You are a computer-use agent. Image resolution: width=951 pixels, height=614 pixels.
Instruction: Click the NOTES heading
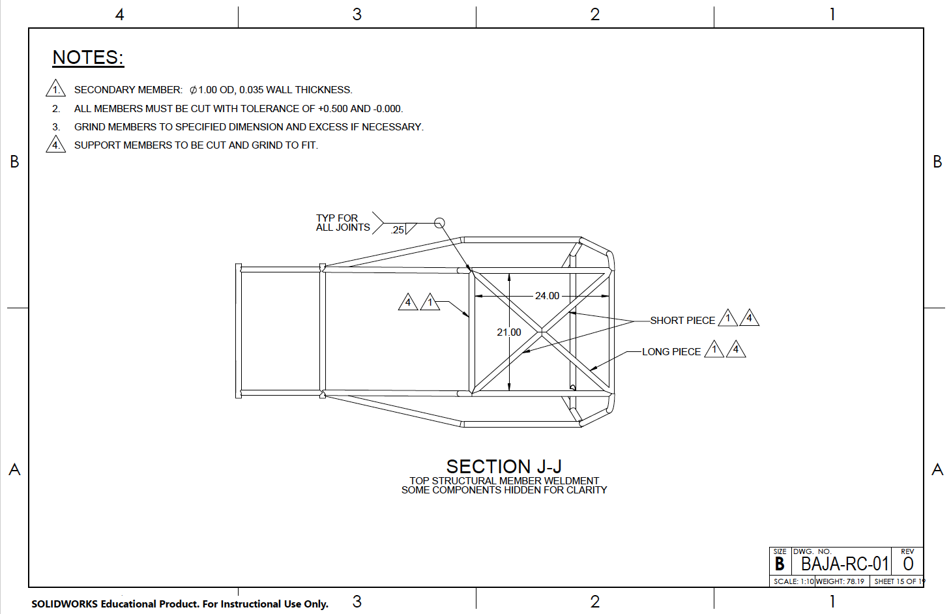pos(88,58)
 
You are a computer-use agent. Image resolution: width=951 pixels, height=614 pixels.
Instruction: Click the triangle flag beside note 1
pos(56,89)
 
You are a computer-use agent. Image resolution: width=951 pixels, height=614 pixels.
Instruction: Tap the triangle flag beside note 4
pos(56,144)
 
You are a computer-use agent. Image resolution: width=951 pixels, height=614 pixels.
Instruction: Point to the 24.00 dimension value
pos(547,296)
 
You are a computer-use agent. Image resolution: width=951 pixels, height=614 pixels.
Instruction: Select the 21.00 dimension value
pos(509,332)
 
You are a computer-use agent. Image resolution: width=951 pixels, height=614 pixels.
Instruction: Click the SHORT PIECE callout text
pos(682,321)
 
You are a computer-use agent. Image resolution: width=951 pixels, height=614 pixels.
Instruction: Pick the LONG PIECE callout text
pos(671,352)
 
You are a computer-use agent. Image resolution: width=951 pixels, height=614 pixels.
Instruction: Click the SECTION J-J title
pos(504,467)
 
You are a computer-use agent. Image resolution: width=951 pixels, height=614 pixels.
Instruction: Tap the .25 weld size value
pos(398,230)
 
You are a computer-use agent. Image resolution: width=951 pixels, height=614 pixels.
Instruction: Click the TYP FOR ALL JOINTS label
pos(342,223)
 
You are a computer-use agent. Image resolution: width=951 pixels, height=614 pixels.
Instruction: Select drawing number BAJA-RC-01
pos(844,564)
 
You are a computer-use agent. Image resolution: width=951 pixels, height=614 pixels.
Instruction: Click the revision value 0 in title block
pos(908,564)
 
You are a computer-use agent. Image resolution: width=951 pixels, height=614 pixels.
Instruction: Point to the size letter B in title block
pos(780,564)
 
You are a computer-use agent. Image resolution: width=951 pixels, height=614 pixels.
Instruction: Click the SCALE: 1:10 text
pos(793,581)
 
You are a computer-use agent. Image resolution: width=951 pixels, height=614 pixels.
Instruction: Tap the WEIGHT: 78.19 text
pos(840,581)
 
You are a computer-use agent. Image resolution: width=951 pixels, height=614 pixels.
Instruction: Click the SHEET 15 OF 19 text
pos(899,581)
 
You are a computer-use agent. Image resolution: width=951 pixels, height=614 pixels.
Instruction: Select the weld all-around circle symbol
pos(439,223)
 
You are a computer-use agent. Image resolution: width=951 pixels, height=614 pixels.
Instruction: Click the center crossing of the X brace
pos(542,332)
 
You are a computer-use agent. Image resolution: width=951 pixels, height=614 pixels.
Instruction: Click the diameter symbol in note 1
pos(193,90)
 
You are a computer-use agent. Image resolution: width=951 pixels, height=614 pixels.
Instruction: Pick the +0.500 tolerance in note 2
pos(333,109)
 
